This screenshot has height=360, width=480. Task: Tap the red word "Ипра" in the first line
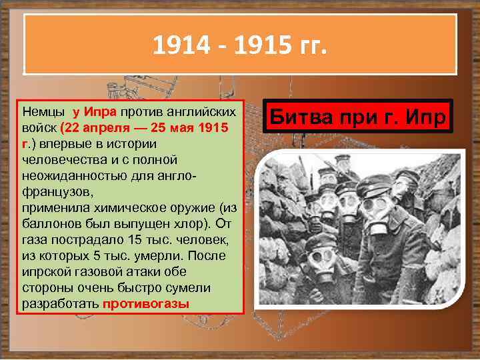pos(101,111)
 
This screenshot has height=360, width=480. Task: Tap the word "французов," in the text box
pos(53,191)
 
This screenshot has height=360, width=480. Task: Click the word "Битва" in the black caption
pos(299,117)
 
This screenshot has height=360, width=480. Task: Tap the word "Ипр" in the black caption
pos(427,117)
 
